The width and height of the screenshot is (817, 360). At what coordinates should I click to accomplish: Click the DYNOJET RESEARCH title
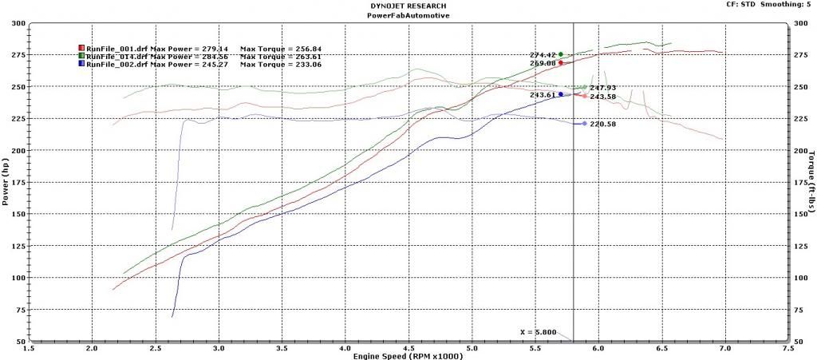(407, 5)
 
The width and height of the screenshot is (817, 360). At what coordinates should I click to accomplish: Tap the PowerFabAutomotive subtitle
(407, 14)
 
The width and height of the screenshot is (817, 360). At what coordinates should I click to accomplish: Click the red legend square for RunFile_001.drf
(81, 49)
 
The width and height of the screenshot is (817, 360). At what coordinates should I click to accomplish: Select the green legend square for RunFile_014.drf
(81, 57)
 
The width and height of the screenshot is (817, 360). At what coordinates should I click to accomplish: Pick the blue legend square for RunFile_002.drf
(81, 65)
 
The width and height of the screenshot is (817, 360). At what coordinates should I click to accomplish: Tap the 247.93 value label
(604, 88)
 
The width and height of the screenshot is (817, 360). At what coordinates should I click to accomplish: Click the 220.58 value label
(604, 125)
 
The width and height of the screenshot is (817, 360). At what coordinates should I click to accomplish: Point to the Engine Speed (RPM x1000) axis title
(408, 355)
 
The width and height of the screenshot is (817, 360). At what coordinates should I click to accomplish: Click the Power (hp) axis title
(6, 182)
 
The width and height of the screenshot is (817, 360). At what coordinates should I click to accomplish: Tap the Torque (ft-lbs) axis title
(811, 182)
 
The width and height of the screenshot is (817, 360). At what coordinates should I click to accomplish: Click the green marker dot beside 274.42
(561, 54)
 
